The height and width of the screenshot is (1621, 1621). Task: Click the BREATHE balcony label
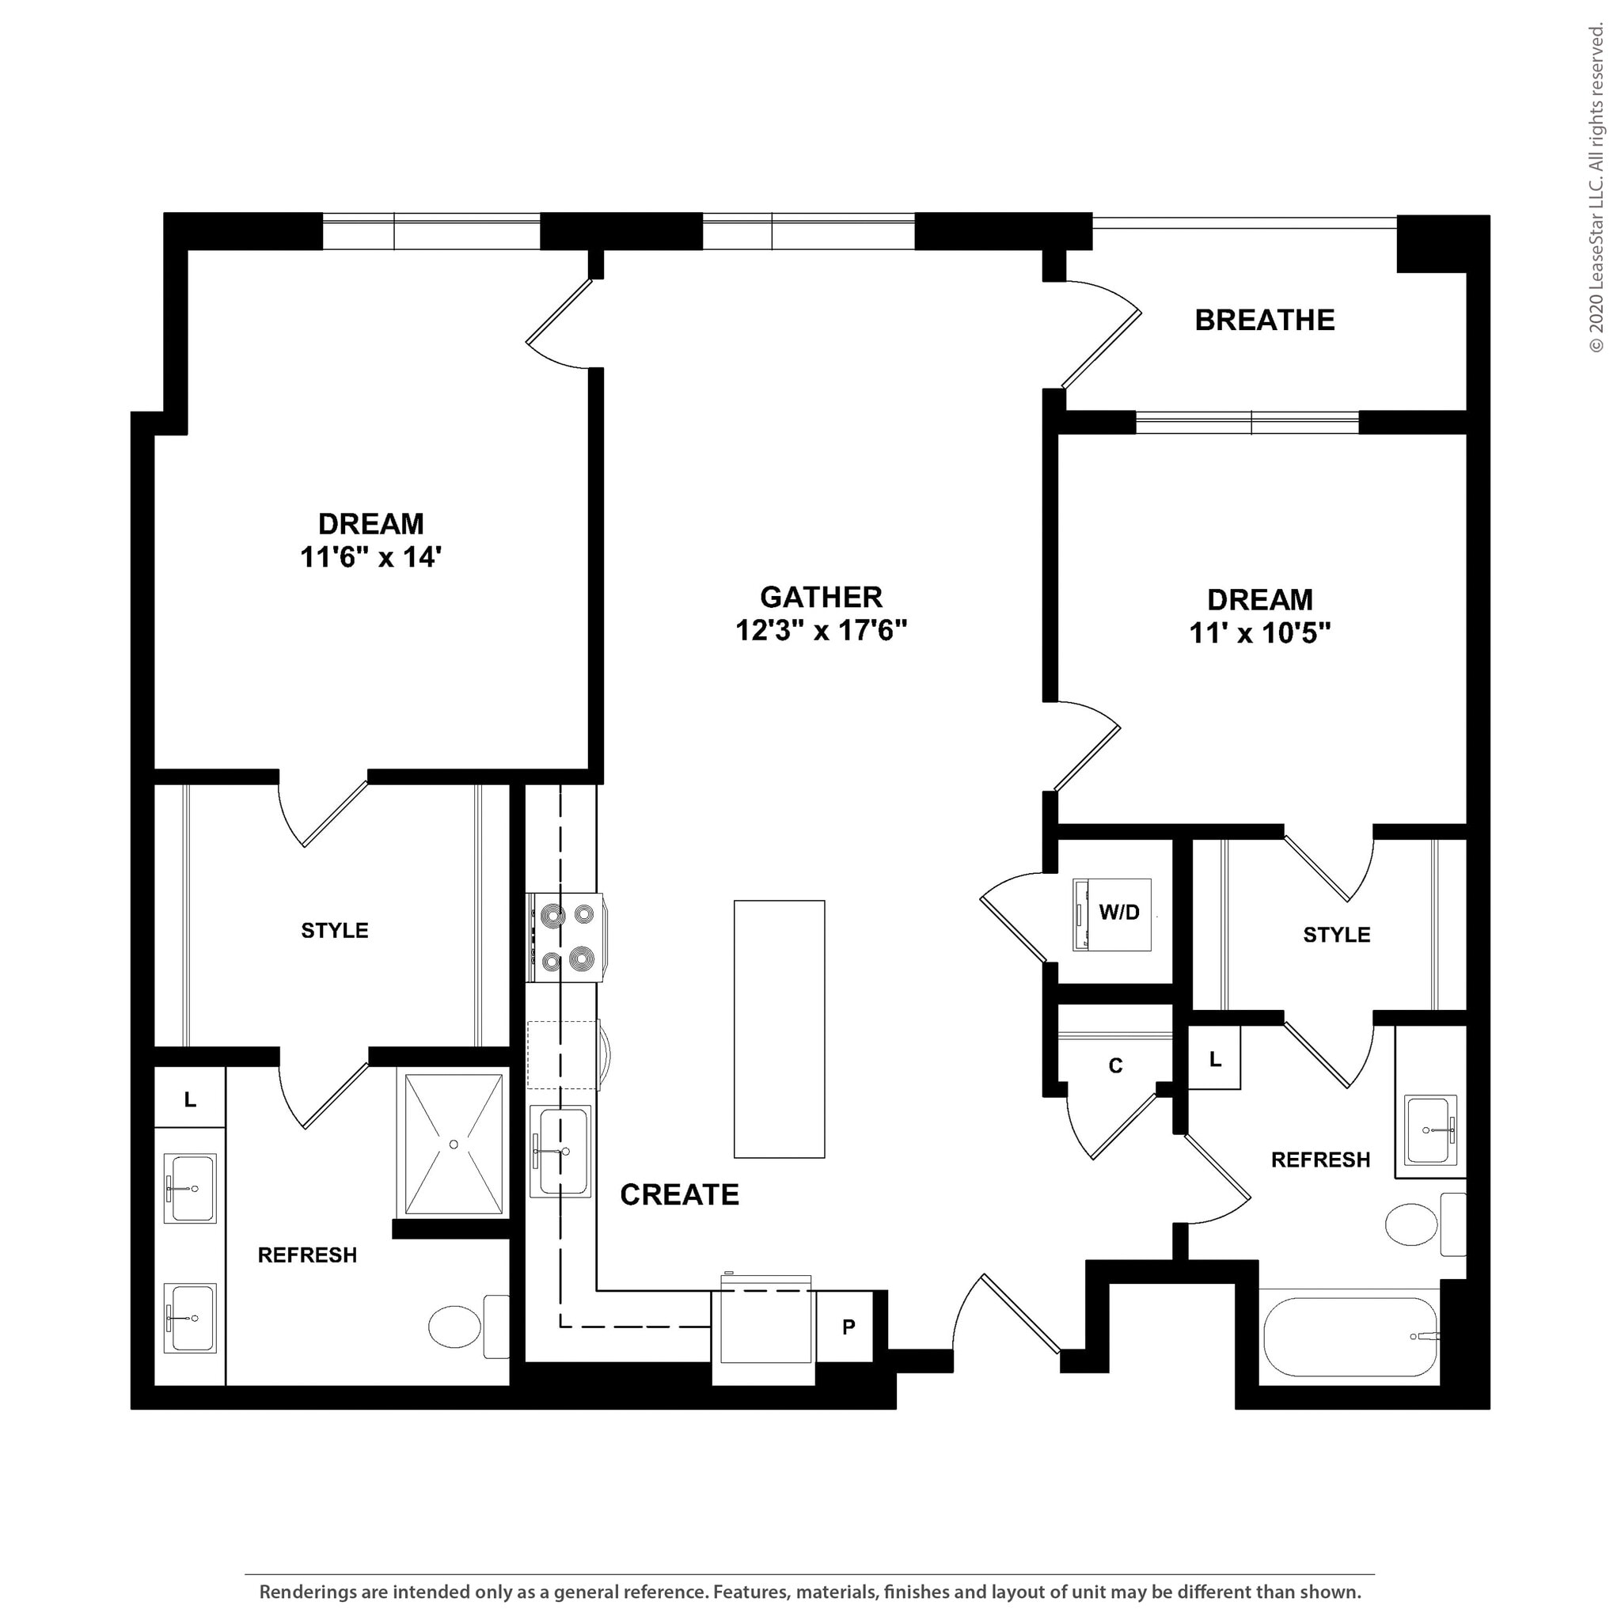coord(1263,320)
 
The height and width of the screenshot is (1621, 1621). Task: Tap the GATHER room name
coord(821,597)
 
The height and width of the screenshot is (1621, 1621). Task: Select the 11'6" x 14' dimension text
coord(371,556)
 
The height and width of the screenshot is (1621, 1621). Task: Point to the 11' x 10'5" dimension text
coord(1259,632)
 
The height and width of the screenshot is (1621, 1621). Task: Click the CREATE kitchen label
coord(679,1194)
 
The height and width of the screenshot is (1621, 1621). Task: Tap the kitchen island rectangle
coord(779,1029)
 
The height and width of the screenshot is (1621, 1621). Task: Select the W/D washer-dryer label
coord(1119,913)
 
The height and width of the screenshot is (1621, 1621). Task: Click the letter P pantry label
coord(848,1327)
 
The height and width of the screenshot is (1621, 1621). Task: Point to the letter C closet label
coord(1115,1065)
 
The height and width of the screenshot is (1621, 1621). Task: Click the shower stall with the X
coord(453,1144)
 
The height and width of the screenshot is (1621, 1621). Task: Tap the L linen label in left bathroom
coord(191,1099)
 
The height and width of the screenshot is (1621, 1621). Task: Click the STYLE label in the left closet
coord(334,930)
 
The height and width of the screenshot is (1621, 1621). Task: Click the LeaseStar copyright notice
coord(1595,189)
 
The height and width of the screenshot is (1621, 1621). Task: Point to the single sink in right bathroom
coord(1430,1130)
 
